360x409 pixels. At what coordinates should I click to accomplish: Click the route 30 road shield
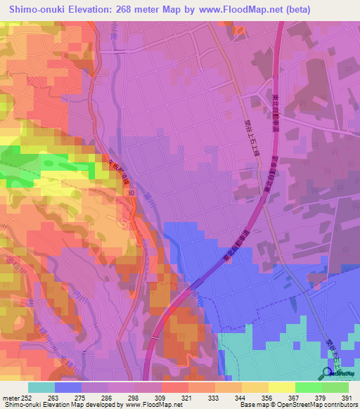tap(131, 192)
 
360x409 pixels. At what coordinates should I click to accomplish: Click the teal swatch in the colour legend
tap(41, 387)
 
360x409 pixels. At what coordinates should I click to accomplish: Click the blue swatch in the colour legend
tap(68, 387)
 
